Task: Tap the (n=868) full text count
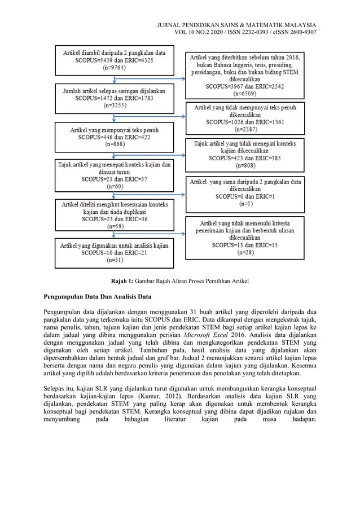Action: (113, 144)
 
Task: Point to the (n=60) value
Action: (113, 186)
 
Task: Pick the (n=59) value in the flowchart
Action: (113, 226)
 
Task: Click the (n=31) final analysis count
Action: (113, 261)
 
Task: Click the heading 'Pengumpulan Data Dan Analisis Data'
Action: (100, 296)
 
